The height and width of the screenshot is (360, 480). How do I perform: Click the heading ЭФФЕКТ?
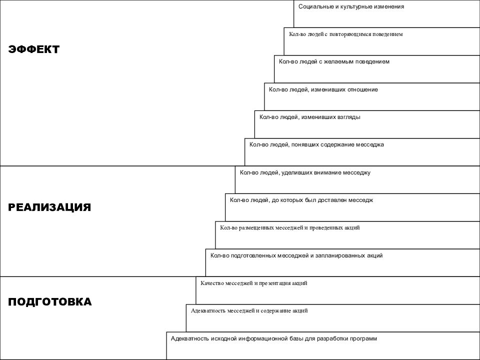pyautogui.click(x=33, y=49)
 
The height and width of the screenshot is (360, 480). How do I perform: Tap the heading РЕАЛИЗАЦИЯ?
pyautogui.click(x=49, y=207)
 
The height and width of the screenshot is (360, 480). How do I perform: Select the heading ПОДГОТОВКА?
pyautogui.click(x=50, y=302)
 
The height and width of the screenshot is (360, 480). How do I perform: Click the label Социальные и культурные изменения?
pyautogui.click(x=351, y=6)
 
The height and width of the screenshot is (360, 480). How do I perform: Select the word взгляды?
pyautogui.click(x=348, y=117)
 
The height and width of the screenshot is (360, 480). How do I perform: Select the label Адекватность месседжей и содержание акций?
pyautogui.click(x=249, y=310)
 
